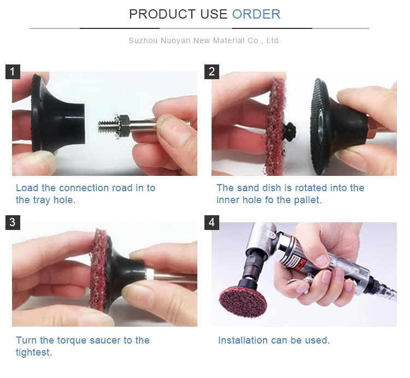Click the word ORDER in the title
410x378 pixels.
coord(256,14)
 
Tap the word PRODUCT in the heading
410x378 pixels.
coord(162,14)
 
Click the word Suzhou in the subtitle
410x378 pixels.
coord(143,40)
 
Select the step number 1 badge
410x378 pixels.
coord(13,72)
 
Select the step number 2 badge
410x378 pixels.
coord(212,72)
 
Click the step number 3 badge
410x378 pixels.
coord(13,222)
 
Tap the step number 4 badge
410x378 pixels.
coord(212,222)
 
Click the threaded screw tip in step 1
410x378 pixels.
coord(106,126)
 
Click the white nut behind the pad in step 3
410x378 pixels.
coord(150,274)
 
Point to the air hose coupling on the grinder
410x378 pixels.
coord(386,291)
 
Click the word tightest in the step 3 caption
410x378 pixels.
coord(34,352)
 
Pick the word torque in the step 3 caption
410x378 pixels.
coord(72,340)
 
